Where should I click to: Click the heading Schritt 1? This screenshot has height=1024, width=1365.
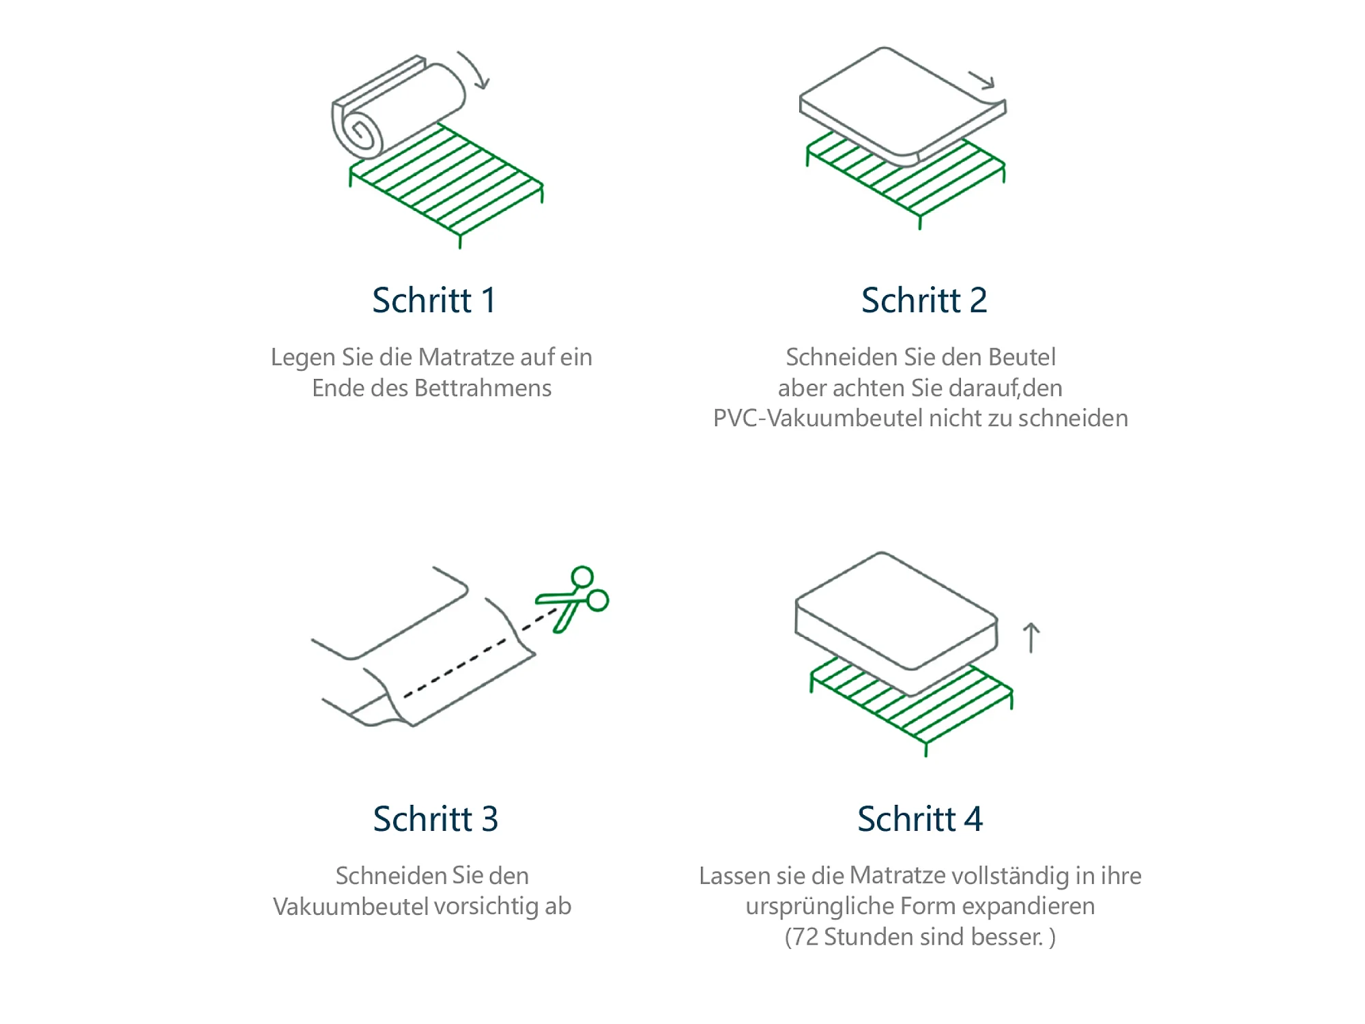pyautogui.click(x=434, y=300)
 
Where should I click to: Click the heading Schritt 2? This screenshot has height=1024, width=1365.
pyautogui.click(x=924, y=300)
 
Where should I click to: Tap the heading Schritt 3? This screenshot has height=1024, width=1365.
pyautogui.click(x=435, y=819)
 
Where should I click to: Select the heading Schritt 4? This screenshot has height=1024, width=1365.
pyautogui.click(x=920, y=819)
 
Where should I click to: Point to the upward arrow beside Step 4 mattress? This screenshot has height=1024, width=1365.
pyautogui.click(x=1031, y=638)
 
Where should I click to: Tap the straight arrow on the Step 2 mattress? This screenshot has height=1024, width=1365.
pyautogui.click(x=983, y=80)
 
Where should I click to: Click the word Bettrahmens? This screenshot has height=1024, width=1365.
pyautogui.click(x=483, y=388)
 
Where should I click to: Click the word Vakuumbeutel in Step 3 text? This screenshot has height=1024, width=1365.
pyautogui.click(x=351, y=906)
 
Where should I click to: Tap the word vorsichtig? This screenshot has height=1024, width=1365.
pyautogui.click(x=487, y=907)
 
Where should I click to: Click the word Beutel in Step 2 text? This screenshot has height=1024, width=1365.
pyautogui.click(x=1022, y=357)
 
